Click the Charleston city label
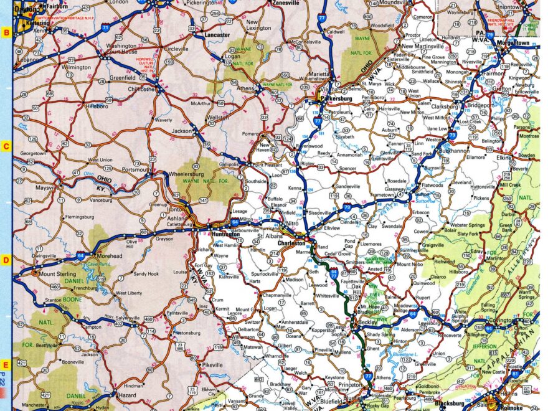tap(291, 243)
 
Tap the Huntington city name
tap(225, 234)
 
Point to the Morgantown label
tap(512, 43)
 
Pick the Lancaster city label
tap(217, 35)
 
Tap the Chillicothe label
tap(141, 89)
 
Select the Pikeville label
tap(212, 364)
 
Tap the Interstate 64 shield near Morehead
tap(81, 255)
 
